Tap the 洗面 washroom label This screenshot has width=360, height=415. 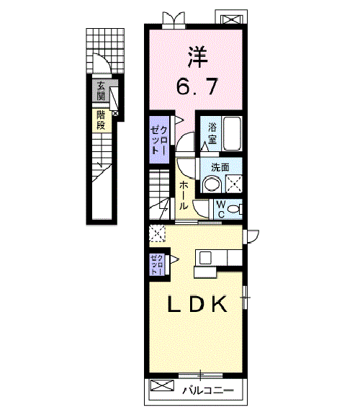point(221,168)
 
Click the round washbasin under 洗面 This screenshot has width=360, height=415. point(211,184)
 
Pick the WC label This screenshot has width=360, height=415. point(222,209)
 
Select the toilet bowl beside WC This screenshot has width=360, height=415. point(240,209)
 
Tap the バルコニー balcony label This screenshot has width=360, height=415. point(207,391)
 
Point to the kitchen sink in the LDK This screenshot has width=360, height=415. point(205,257)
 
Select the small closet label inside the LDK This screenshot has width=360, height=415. point(158,265)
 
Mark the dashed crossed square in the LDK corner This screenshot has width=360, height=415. point(157,233)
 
